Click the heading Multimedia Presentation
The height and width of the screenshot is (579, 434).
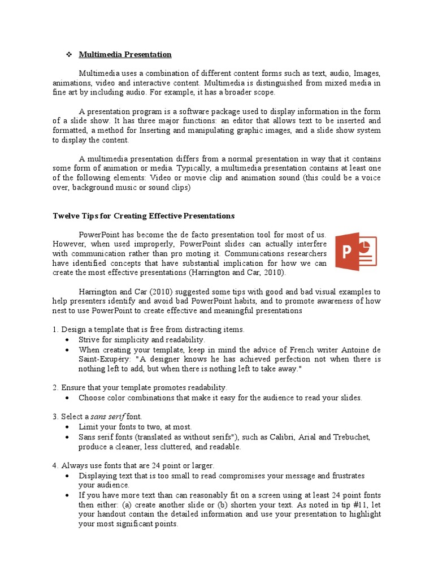[x=125, y=55]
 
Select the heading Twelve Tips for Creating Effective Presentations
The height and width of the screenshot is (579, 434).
[x=144, y=216]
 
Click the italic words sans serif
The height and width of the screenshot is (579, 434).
[x=108, y=417]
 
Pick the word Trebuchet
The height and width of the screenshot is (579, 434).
[x=350, y=437]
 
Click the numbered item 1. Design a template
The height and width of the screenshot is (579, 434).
[x=149, y=330]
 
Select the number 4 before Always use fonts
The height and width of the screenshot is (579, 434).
[x=55, y=465]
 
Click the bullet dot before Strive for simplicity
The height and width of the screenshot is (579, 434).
[x=67, y=340]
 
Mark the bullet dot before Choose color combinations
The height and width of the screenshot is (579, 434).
[x=67, y=397]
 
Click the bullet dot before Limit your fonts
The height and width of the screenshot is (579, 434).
[x=67, y=427]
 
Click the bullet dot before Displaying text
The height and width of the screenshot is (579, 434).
[x=67, y=476]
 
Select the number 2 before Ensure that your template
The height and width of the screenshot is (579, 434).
[x=55, y=387]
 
